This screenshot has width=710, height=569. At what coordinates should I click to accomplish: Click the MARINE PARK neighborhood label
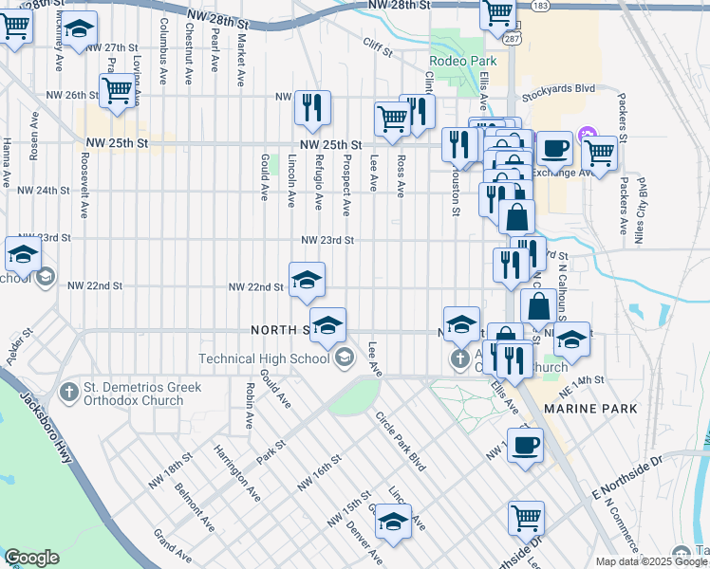(590, 408)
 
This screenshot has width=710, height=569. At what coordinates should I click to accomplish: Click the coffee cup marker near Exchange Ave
(554, 148)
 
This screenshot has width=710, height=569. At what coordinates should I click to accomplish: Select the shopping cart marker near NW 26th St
(117, 92)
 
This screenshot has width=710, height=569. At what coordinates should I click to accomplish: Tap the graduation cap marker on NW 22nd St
(307, 280)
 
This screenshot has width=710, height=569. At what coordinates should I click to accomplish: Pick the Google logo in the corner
(31, 558)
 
